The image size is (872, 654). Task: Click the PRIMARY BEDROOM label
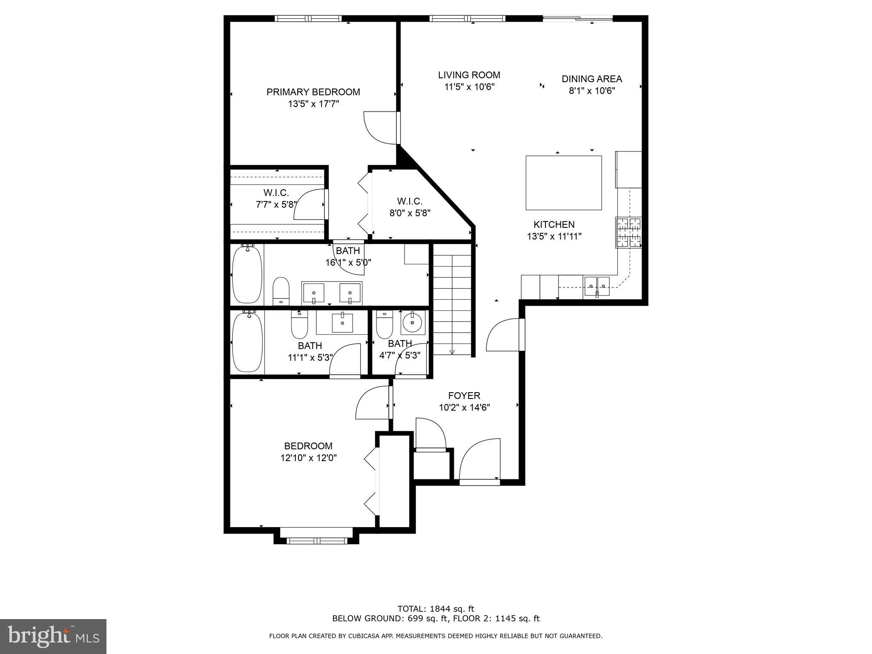(313, 92)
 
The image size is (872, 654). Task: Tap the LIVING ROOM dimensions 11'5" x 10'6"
(469, 87)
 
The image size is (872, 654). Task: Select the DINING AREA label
(591, 79)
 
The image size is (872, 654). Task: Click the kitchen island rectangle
(563, 183)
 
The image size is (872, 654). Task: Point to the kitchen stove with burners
(628, 232)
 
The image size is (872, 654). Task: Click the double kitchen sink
(597, 286)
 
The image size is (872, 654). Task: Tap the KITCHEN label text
(554, 224)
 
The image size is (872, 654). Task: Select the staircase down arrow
(452, 351)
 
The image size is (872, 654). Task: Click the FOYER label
(464, 396)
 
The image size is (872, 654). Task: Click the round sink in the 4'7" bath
(412, 322)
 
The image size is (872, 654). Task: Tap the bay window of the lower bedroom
(316, 540)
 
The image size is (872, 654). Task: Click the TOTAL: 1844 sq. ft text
(436, 609)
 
